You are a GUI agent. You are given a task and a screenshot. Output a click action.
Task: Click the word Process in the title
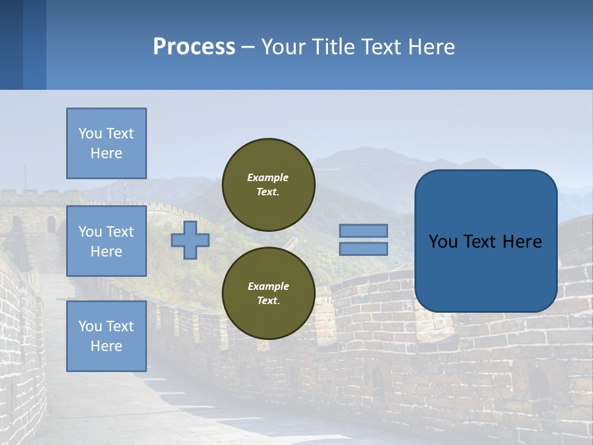click(x=194, y=47)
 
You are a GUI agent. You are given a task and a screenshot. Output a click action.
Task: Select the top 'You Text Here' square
click(x=106, y=143)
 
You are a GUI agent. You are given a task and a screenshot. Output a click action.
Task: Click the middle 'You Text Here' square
click(x=106, y=241)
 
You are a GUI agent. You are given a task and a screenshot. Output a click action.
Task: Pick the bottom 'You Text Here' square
click(x=106, y=336)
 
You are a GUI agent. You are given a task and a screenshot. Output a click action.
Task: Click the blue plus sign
click(x=190, y=240)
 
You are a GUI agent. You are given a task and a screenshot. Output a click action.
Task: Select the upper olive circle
click(x=268, y=184)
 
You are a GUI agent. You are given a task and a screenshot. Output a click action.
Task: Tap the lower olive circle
click(x=268, y=293)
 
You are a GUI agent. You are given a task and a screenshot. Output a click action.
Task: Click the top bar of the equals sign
click(x=363, y=231)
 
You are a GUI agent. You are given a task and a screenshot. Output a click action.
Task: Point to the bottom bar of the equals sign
click(x=363, y=248)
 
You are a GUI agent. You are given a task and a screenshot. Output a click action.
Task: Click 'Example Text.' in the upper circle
click(x=268, y=185)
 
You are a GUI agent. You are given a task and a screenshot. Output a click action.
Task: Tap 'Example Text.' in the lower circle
click(x=268, y=294)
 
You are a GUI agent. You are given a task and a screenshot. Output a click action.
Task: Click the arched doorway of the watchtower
click(x=51, y=224)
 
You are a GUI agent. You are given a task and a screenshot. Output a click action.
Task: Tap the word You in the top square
click(x=90, y=133)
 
